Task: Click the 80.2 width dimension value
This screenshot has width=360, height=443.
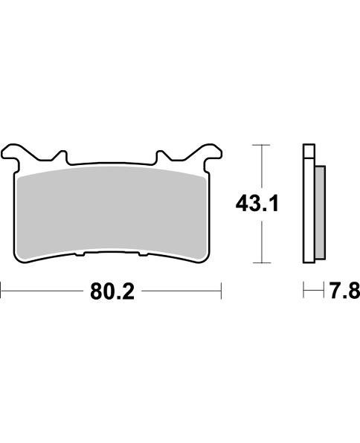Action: click(112, 292)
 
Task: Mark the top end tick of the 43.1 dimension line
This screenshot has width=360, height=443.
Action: click(259, 144)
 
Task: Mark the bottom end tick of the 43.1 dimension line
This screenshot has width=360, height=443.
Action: click(259, 262)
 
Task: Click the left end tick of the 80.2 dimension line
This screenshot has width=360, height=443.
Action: click(1, 292)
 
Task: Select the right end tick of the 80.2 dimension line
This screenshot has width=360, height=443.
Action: click(222, 292)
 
